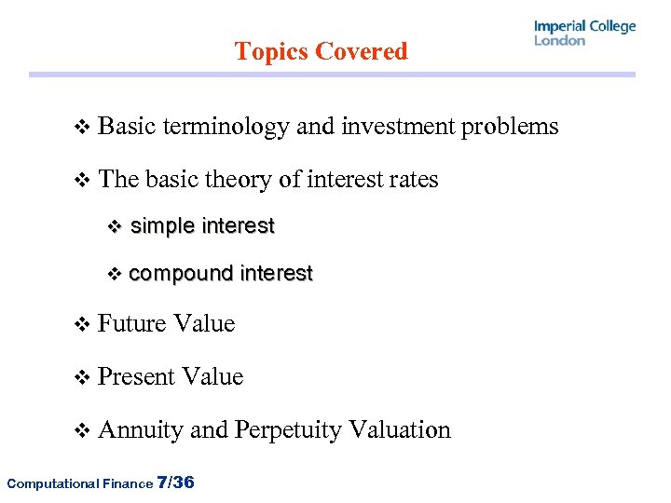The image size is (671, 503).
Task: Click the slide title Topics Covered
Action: [321, 51]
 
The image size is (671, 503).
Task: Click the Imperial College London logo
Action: [584, 33]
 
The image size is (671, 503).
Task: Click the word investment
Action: [399, 127]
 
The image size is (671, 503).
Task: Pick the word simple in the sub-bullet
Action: [162, 226]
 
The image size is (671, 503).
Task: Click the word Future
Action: [130, 324]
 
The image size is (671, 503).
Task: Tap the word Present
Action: [136, 377]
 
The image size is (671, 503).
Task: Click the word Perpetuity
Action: [287, 430]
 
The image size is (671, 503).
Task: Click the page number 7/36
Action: [176, 482]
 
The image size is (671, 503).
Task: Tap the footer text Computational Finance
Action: [78, 483]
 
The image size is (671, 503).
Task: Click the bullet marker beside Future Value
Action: [81, 325]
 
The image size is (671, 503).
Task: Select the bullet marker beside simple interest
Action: [116, 226]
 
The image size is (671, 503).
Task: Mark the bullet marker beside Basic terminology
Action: [81, 128]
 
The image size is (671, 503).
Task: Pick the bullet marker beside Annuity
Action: [81, 431]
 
